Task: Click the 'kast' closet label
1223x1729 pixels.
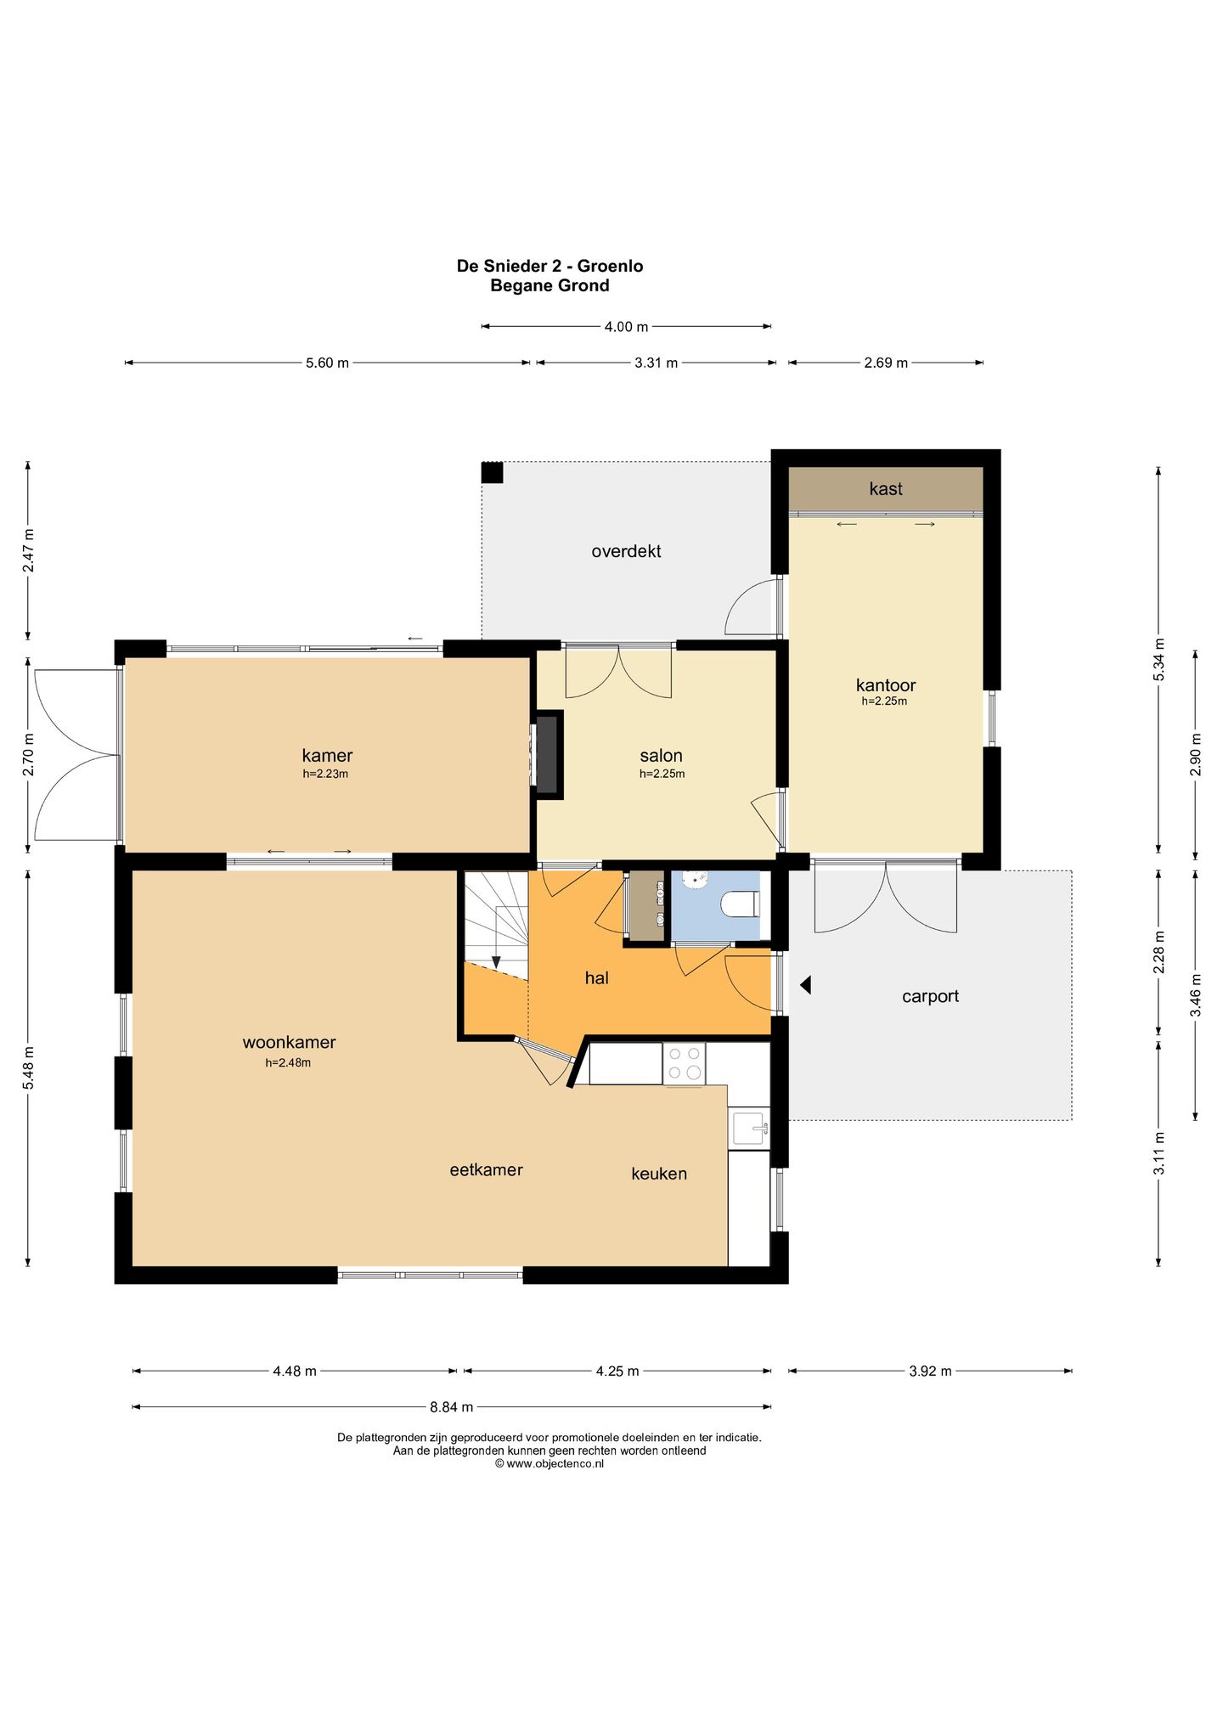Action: tap(885, 488)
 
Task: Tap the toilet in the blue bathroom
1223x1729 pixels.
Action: tap(740, 904)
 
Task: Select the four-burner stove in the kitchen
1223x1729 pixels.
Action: tap(685, 1063)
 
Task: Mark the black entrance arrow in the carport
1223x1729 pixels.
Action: tap(806, 985)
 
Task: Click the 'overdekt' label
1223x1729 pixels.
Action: tap(626, 551)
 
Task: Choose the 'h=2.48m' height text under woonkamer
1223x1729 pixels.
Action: tap(288, 1062)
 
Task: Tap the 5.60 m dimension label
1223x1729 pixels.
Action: tap(327, 363)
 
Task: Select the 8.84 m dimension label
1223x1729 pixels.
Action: tap(451, 1407)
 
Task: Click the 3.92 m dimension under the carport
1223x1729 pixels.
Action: tap(930, 1371)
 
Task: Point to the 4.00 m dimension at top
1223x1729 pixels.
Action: tap(626, 327)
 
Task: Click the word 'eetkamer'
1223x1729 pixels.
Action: tap(486, 1169)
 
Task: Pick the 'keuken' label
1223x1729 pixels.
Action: tap(659, 1174)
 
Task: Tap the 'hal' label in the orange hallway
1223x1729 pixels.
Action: tap(596, 977)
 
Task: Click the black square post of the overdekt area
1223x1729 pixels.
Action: tap(493, 472)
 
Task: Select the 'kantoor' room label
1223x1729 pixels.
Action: tap(885, 684)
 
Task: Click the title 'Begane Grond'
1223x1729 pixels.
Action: tap(550, 285)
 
